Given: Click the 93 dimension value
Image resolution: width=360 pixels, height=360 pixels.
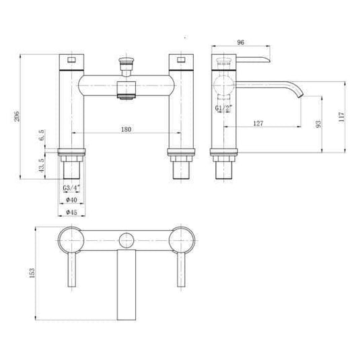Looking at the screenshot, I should [x=319, y=123].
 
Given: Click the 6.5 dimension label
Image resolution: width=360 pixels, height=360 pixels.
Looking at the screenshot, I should [x=42, y=136].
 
